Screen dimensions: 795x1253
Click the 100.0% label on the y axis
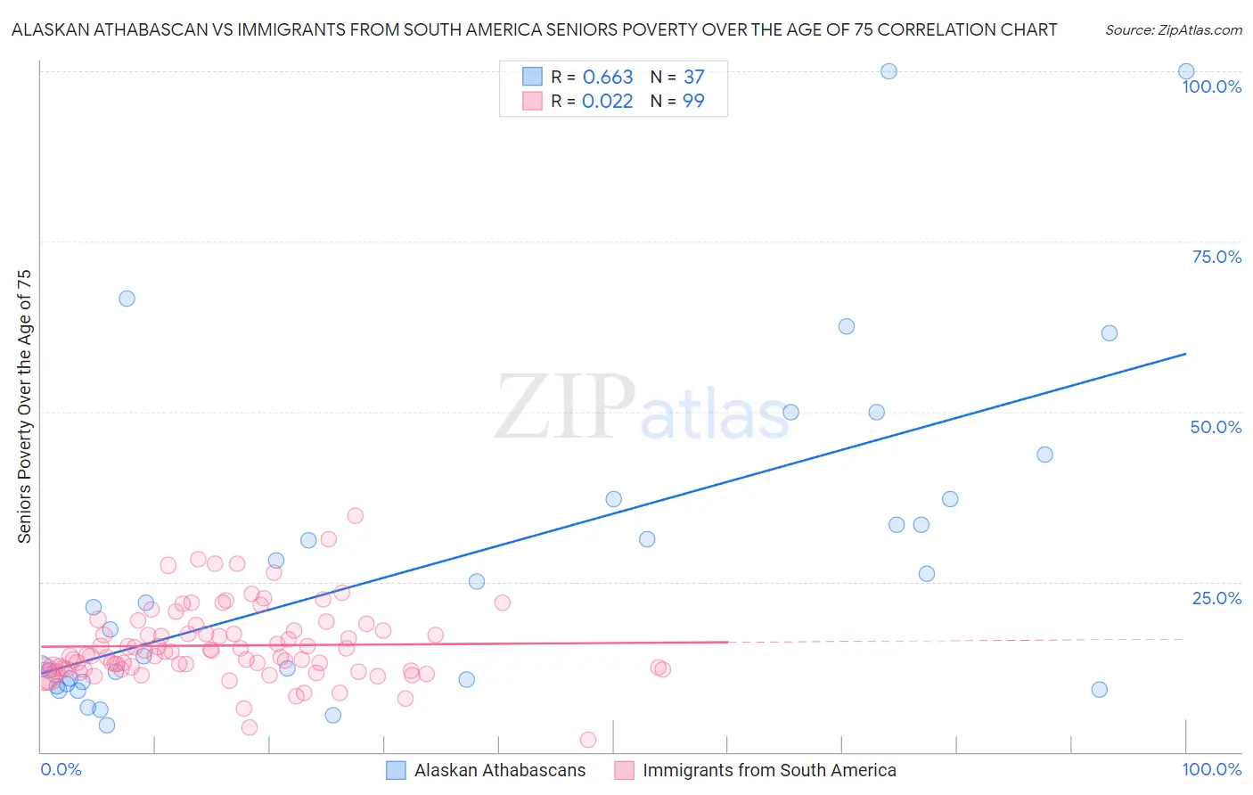tap(1211, 86)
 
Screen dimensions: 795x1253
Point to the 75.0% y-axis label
tap(1216, 257)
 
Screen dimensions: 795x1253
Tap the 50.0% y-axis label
tap(1216, 427)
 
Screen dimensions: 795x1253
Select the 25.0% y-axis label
tap(1216, 598)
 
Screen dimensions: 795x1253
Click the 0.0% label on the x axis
tap(61, 769)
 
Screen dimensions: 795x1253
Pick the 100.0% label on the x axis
tap(1211, 769)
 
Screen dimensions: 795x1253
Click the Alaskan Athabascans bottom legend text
tap(500, 770)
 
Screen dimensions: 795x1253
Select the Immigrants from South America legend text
tap(769, 770)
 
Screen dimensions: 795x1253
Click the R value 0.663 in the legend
tap(608, 78)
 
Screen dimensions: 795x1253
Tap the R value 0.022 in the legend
tap(608, 102)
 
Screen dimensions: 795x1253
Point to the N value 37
tap(694, 78)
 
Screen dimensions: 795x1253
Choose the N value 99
tap(694, 102)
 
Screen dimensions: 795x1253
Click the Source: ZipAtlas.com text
tap(1174, 30)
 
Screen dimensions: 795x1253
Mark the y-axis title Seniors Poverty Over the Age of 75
tap(25, 406)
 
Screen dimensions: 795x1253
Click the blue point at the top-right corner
tap(1186, 71)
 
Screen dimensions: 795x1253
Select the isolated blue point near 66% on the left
tap(127, 299)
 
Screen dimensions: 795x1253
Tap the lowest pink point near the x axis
tap(588, 740)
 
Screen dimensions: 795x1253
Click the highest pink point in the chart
tap(355, 515)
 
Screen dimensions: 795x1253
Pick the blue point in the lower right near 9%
tap(1099, 690)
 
